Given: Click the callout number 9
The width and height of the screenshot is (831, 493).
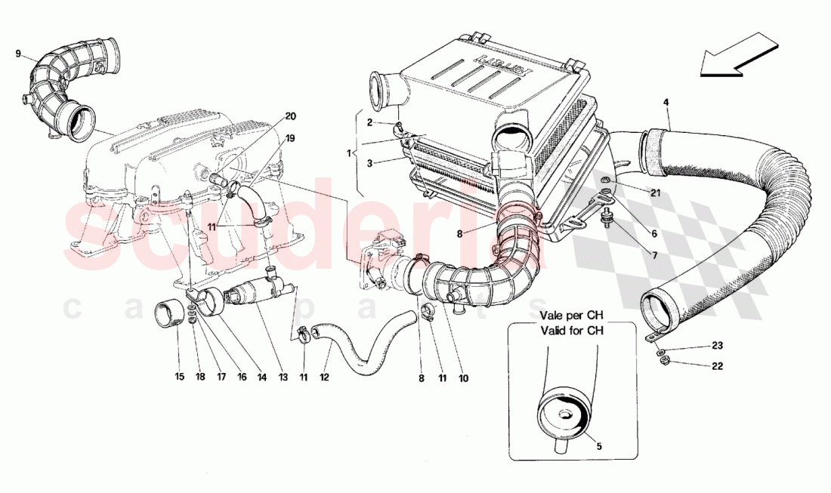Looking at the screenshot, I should pos(18,54).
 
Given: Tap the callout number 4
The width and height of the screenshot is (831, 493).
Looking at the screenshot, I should pos(666,102).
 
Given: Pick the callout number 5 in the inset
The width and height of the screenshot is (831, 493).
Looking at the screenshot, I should pos(599,446).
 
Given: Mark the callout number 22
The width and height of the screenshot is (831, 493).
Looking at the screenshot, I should pos(716,366).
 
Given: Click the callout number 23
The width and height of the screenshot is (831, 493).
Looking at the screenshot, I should pos(716,347).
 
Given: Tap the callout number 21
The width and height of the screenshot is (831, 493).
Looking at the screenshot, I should pos(654,193).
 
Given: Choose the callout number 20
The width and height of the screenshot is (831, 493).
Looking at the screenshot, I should pos(291,116).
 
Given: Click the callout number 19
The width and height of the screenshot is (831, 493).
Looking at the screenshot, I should pos(291,138).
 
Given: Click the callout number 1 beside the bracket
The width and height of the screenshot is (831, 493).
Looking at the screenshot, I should pos(349,153).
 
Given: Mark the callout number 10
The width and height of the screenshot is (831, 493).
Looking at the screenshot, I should pos(463,377).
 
